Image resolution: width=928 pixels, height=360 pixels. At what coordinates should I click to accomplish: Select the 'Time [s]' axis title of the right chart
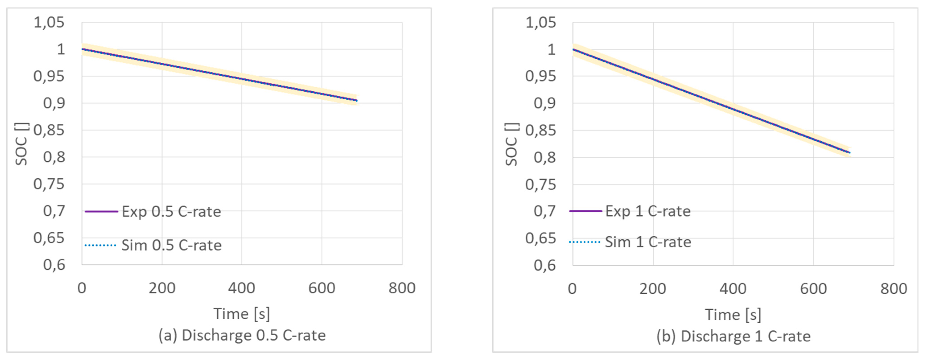(733, 315)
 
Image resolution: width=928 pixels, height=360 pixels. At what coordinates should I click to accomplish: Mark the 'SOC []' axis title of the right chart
(512, 144)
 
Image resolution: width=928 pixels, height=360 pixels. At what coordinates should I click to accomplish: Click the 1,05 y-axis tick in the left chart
(49, 22)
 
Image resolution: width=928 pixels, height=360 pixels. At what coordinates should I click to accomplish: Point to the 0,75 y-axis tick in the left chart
(49, 184)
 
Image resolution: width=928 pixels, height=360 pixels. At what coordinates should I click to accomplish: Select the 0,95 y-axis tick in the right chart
(540, 76)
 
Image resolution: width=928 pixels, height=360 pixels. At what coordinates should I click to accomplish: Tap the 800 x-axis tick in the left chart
(402, 288)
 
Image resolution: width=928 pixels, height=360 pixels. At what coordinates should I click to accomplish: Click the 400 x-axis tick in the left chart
(242, 288)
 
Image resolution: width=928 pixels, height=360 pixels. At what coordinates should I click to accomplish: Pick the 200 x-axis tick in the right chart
(653, 289)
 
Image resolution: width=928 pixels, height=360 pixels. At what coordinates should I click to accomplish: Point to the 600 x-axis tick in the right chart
(813, 289)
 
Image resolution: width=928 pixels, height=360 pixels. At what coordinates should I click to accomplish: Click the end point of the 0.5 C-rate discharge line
(357, 101)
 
